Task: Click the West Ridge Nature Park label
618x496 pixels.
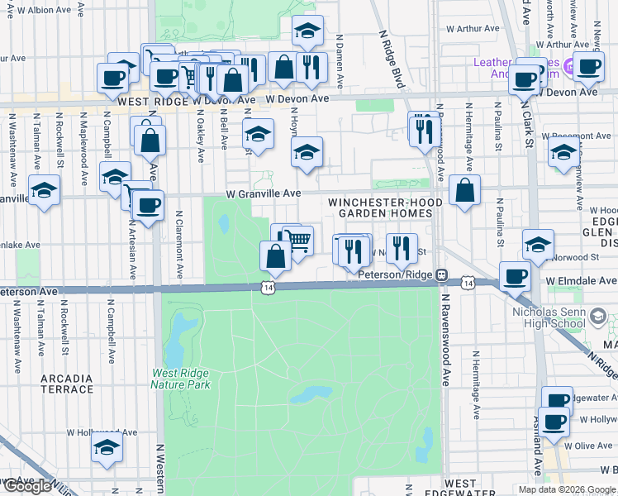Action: coord(180,379)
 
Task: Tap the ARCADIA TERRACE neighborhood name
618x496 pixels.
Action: coord(67,384)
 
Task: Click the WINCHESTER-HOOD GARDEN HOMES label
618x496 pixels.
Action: coord(380,207)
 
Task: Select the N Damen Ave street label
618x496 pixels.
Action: coord(340,61)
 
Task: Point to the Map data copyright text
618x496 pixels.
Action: coord(567,489)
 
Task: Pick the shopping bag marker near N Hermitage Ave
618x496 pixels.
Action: coord(465,190)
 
